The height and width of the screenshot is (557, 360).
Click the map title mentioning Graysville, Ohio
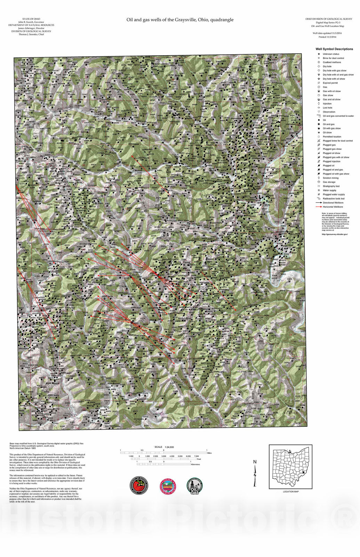coord(180,20)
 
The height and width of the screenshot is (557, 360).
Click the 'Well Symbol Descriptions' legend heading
coord(334,49)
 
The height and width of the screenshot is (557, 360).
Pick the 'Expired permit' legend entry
coord(330,83)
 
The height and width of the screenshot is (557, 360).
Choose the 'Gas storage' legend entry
coord(329,182)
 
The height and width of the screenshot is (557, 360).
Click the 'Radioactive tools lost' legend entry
coord(333,198)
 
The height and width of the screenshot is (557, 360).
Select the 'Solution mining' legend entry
coord(330,178)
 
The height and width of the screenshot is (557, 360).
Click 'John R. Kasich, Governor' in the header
coord(31,22)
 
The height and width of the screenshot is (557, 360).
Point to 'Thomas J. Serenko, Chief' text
coord(31,34)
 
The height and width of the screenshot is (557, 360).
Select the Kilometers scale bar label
coord(196,464)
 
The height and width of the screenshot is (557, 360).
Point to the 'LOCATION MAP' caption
coord(290,492)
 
